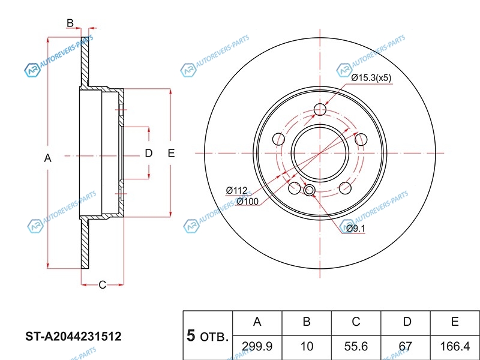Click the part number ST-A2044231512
(73, 337)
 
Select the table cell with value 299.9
(257, 346)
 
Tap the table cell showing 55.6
(356, 346)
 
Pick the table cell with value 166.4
(455, 346)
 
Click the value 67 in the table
(406, 346)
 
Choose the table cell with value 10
(306, 346)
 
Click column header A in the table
(257, 322)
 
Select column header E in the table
(455, 322)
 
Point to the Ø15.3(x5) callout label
(371, 78)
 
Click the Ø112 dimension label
(237, 191)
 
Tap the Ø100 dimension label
(247, 201)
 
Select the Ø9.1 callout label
(355, 228)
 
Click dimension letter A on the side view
(48, 158)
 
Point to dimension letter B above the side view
(70, 23)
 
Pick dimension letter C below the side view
(102, 284)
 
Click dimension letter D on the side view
(149, 154)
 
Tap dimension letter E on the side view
(171, 154)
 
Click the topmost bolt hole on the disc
(320, 109)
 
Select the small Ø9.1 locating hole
(309, 191)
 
